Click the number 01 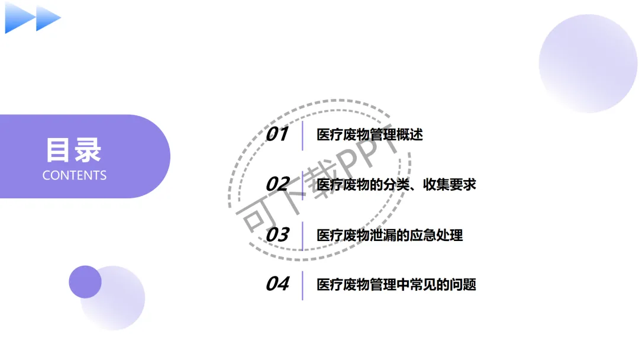[x=276, y=134]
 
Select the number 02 [x=276, y=184]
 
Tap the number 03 [x=276, y=235]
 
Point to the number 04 [x=276, y=284]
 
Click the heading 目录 [x=74, y=150]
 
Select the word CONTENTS [x=75, y=175]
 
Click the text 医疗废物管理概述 [x=370, y=135]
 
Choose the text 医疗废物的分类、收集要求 [x=396, y=185]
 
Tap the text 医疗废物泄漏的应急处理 [x=389, y=236]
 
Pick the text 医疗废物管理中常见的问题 [x=396, y=285]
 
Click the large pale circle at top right [x=588, y=63]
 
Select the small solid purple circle [x=85, y=282]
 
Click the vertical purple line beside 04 [x=302, y=285]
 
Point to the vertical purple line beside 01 [x=302, y=135]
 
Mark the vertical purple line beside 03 [x=302, y=236]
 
